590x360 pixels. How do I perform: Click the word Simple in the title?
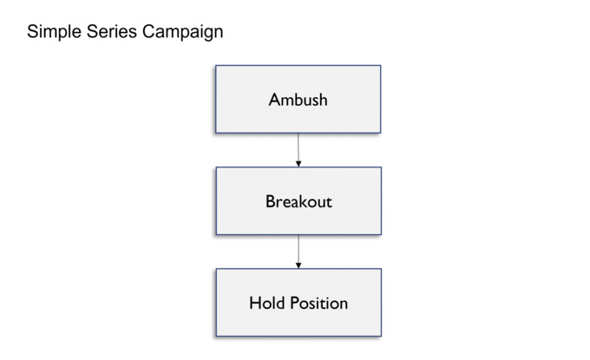pos(54,32)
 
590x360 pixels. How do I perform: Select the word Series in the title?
pos(111,31)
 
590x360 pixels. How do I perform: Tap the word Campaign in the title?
pos(182,32)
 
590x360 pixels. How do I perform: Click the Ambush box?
pos(298,99)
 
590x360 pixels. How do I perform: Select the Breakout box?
pos(298,201)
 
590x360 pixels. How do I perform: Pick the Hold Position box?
pos(298,303)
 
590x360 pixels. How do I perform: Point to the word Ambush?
pos(298,100)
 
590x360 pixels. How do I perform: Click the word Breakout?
pos(298,201)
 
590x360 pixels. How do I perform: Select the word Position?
pos(319,303)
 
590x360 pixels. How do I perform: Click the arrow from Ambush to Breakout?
pos(298,150)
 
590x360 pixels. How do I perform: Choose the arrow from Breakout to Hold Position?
pos(298,252)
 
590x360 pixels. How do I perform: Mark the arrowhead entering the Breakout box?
pos(298,164)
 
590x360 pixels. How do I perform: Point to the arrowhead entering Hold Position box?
pos(298,265)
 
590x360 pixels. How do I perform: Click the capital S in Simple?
pos(33,31)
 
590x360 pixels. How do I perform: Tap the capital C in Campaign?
pos(148,31)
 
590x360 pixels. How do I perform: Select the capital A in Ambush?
pos(274,100)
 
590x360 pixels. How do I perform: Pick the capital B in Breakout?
pos(270,201)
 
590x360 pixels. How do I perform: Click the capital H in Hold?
pos(255,303)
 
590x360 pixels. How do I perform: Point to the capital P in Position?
pos(295,303)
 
